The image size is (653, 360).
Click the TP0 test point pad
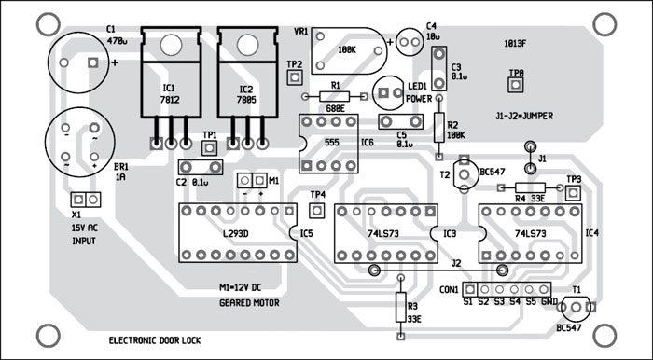coord(516,85)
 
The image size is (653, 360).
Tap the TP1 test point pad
coord(210,147)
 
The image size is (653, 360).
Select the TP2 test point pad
coord(295,77)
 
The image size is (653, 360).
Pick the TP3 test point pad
coord(573,192)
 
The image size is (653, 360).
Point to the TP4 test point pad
coord(317,210)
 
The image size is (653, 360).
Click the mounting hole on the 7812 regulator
coord(171,45)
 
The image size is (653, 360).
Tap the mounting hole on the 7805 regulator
coord(248,45)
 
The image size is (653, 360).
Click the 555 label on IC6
coord(332,143)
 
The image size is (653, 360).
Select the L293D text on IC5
coord(236,234)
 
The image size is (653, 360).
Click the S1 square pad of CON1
coord(470,289)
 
